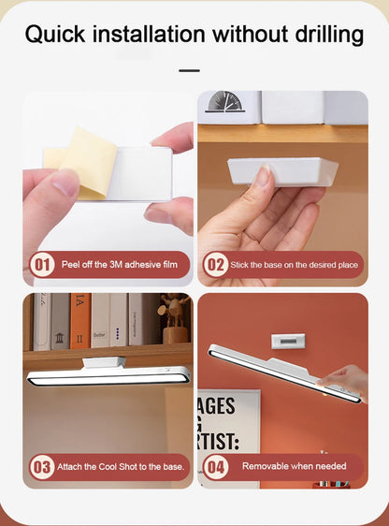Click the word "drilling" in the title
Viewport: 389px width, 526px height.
click(329, 35)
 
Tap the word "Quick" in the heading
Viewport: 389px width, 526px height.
click(55, 35)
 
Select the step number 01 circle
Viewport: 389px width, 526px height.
click(42, 265)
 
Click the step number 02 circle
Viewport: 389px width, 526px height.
click(216, 265)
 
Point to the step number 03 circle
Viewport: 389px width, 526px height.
click(42, 467)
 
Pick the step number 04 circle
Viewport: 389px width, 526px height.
click(216, 467)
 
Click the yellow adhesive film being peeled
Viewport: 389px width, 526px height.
click(85, 163)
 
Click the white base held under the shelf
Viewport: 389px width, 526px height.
click(282, 171)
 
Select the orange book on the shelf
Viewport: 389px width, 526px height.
click(80, 321)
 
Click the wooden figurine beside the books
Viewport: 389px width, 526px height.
click(174, 318)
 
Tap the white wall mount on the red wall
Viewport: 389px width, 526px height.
click(288, 341)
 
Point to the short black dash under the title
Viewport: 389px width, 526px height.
click(189, 71)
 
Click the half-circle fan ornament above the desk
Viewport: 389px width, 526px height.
click(224, 102)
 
